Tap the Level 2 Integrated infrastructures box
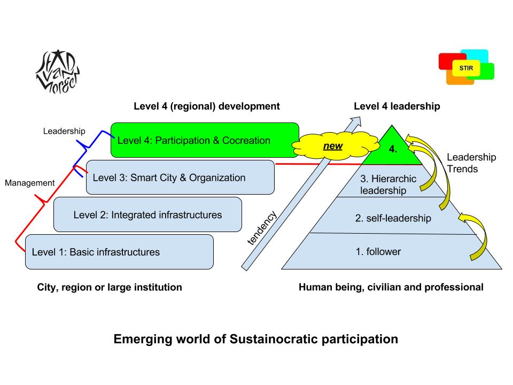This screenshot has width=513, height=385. (147, 214)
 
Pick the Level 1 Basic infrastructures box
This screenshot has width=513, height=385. (119, 252)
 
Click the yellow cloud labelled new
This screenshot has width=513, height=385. (333, 145)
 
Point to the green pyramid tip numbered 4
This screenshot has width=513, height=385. (393, 149)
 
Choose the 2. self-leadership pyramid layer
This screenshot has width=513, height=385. (393, 218)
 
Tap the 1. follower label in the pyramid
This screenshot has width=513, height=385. (378, 251)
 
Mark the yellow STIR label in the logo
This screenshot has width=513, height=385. (466, 68)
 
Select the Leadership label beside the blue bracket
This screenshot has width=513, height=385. (64, 131)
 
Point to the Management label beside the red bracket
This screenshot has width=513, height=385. (30, 183)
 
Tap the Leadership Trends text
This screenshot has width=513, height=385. (471, 162)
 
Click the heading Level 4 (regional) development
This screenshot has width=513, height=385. (206, 106)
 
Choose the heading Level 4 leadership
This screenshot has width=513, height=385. (397, 106)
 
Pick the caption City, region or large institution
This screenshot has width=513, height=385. (110, 287)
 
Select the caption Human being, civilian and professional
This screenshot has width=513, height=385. (391, 287)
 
